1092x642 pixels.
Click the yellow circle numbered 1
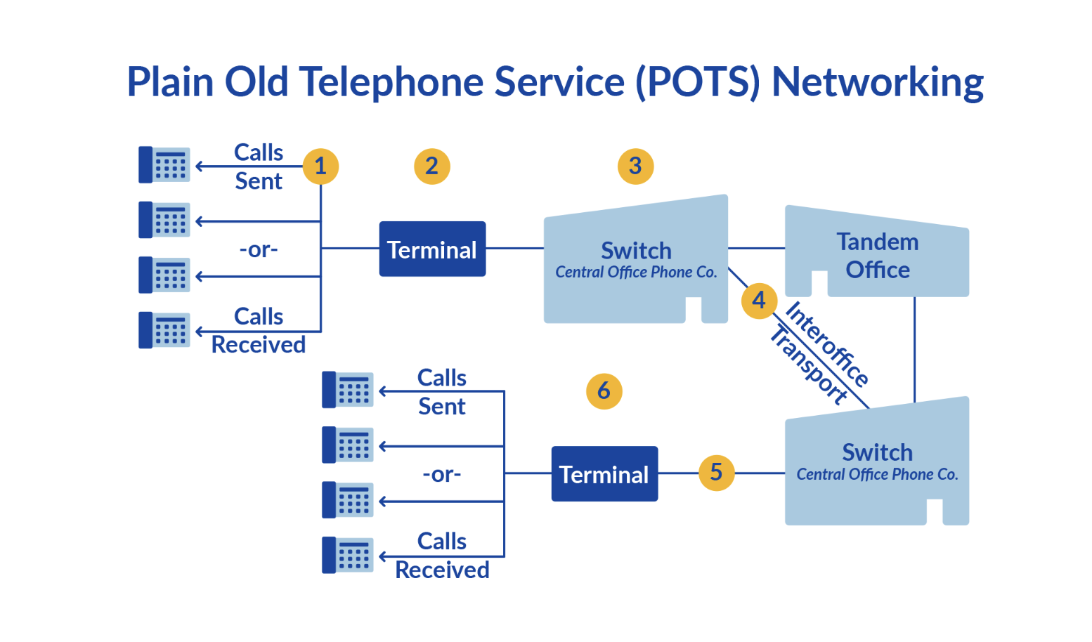[320, 166]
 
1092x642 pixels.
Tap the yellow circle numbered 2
[431, 166]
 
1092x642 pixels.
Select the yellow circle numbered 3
[635, 166]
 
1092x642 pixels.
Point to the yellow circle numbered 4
[759, 301]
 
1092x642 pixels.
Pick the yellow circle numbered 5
[716, 472]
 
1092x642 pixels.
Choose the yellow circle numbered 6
[604, 391]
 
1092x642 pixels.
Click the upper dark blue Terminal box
[432, 249]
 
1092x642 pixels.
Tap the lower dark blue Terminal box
[604, 474]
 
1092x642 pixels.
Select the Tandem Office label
[877, 256]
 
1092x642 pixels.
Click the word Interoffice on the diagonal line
[827, 343]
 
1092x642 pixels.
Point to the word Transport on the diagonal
[809, 365]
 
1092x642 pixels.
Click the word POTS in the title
[698, 82]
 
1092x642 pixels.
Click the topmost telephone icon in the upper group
[164, 165]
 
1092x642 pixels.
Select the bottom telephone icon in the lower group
[347, 555]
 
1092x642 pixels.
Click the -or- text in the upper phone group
[259, 249]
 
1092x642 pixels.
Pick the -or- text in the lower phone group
[442, 474]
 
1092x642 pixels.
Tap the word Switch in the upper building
[636, 251]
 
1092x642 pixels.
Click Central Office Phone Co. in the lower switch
[877, 475]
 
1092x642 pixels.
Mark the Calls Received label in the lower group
[442, 556]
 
